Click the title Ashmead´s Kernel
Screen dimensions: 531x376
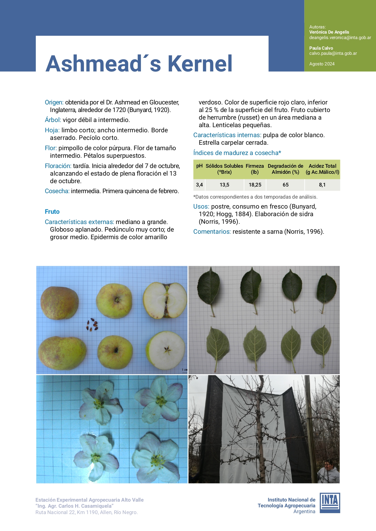coord(139,64)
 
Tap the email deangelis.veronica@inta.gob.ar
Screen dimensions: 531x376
coord(340,38)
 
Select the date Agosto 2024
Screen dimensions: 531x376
coord(322,64)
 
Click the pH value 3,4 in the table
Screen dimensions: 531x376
coord(199,185)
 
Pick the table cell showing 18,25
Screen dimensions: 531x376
coord(255,185)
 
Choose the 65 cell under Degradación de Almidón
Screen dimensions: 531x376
coord(285,185)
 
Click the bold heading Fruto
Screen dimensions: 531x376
coord(52,212)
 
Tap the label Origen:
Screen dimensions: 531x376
coord(54,102)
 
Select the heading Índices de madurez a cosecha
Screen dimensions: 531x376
coord(237,153)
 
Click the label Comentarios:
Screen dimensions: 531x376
coord(212,232)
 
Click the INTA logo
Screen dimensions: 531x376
coord(330,503)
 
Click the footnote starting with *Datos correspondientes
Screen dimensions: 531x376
coord(255,197)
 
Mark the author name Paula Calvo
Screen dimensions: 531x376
coord(321,48)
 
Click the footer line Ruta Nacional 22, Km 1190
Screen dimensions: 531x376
coord(87,512)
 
